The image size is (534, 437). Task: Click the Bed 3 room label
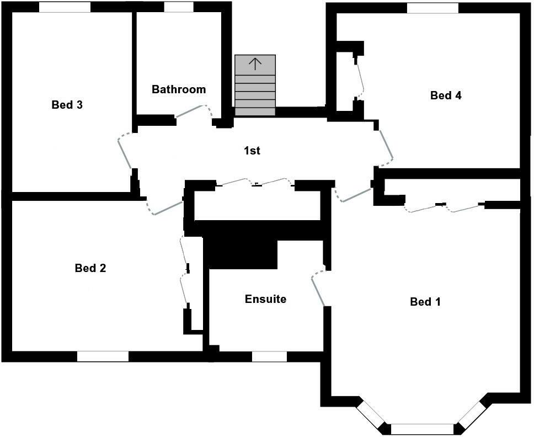[x=67, y=104]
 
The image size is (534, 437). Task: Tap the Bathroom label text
[x=179, y=89]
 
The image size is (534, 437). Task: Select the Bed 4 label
[x=446, y=95]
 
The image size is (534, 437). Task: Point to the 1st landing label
[x=252, y=150]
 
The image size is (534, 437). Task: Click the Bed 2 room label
[x=90, y=268]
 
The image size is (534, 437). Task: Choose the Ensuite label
[x=265, y=299]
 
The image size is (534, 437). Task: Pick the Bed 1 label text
[x=425, y=302]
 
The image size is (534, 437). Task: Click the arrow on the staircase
[x=255, y=63]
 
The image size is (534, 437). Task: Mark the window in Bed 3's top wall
[x=65, y=7]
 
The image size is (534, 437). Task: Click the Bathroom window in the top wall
[x=179, y=7]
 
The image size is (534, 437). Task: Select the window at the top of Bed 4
[x=432, y=8]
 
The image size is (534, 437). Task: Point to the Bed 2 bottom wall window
[x=103, y=356]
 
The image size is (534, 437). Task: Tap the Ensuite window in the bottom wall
[x=269, y=356]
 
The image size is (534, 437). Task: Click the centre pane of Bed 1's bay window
[x=422, y=429]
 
